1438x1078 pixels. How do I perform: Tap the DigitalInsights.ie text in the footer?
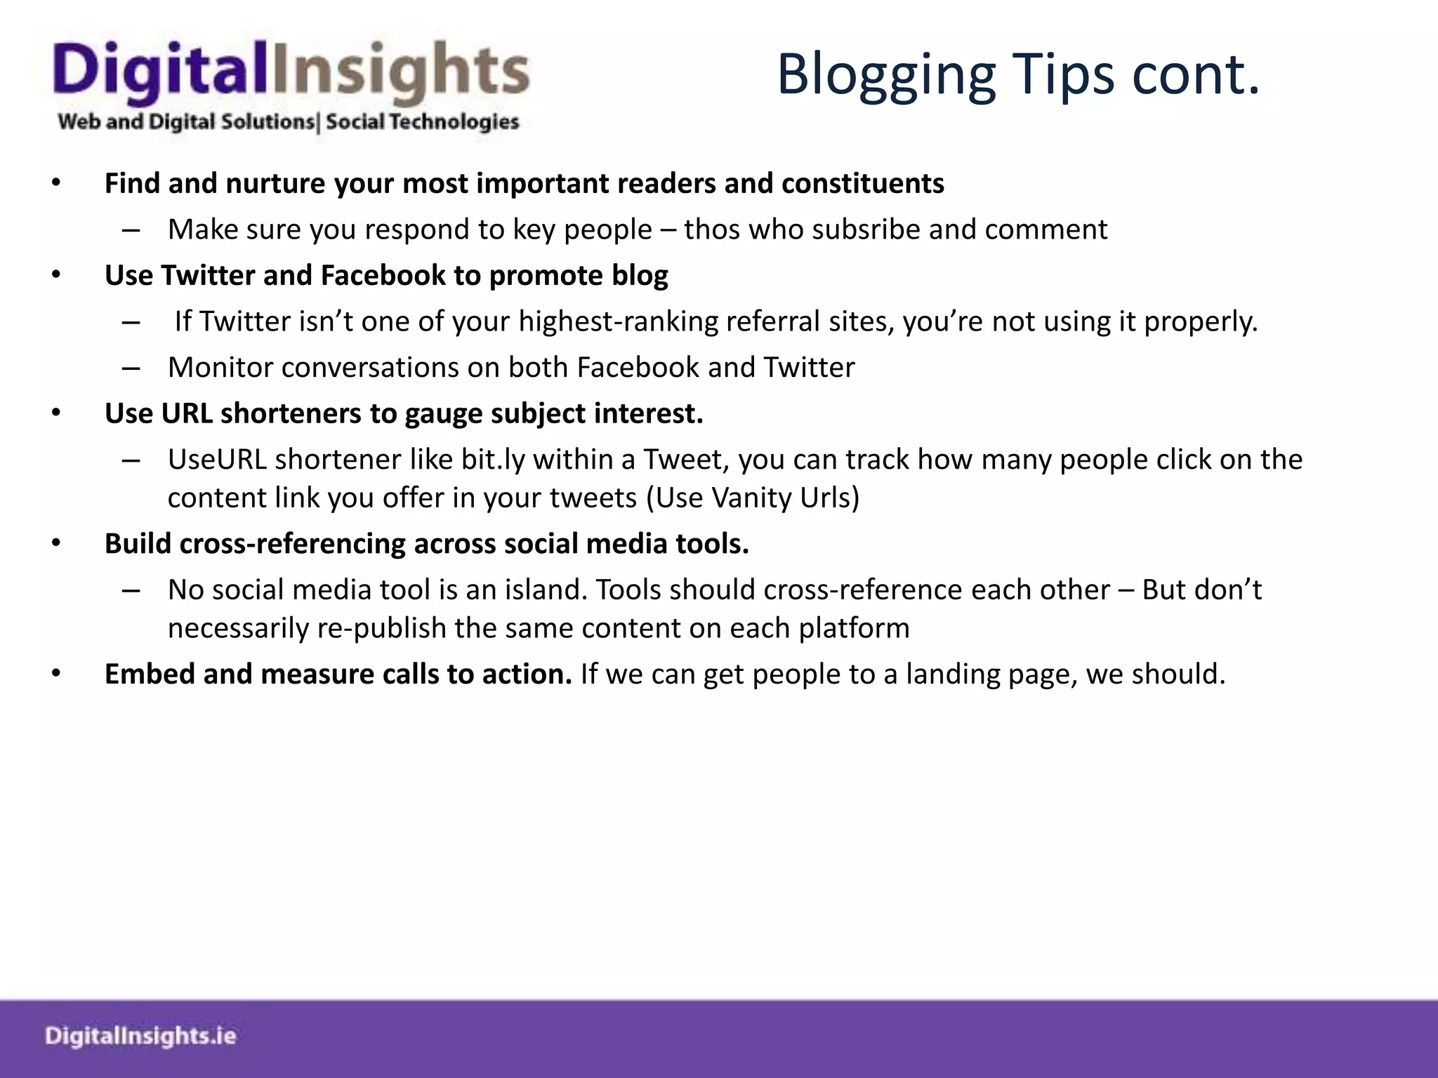pyautogui.click(x=140, y=1036)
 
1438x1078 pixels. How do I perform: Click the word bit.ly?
pyautogui.click(x=493, y=460)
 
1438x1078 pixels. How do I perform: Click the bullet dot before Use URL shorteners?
pyautogui.click(x=56, y=413)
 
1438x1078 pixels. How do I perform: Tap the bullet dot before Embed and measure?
pyautogui.click(x=56, y=674)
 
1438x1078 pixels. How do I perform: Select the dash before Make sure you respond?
pyautogui.click(x=131, y=230)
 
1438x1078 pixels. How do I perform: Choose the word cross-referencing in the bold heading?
pyautogui.click(x=292, y=544)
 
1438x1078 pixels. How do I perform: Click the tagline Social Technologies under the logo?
pyautogui.click(x=422, y=122)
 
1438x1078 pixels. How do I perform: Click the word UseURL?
pyautogui.click(x=217, y=460)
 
